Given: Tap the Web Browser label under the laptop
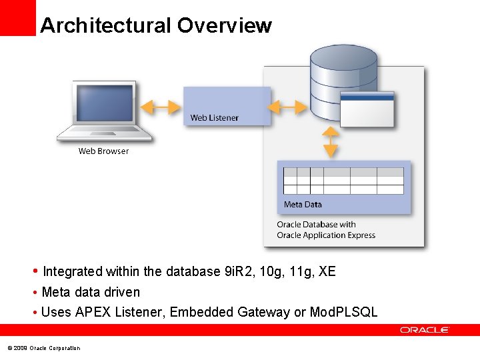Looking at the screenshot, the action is tap(103, 151).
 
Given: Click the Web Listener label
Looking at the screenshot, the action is tap(214, 118).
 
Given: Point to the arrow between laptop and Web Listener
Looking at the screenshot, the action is tap(161, 107).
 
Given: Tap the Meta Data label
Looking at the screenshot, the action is tap(303, 205).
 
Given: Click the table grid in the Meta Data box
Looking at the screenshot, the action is tap(343, 180).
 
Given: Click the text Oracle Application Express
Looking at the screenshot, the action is tap(326, 235).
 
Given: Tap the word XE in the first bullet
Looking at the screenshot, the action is tap(327, 271).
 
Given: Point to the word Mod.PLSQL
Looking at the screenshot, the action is tap(344, 312).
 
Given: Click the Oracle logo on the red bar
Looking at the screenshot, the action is tap(425, 330).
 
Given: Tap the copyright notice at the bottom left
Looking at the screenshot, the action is tap(43, 348).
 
